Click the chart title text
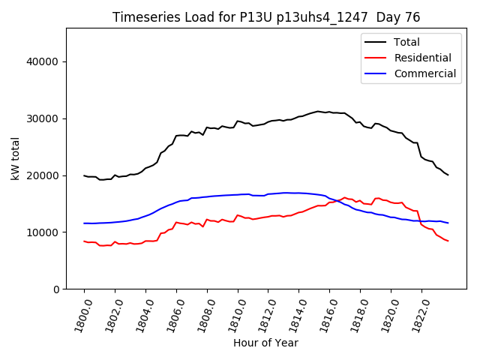point(266,17)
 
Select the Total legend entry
point(407,42)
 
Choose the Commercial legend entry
point(424,73)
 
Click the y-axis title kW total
point(15,159)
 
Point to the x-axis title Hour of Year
point(265,343)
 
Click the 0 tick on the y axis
point(56,289)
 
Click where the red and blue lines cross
point(339,200)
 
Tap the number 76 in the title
point(412,17)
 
